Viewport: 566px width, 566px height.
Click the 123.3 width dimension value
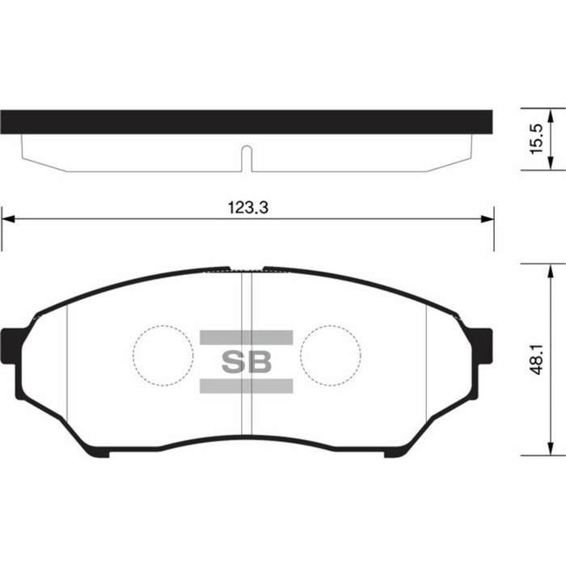[x=248, y=208]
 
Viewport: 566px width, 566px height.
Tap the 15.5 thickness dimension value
[x=536, y=139]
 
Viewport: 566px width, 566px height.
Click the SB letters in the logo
[x=246, y=362]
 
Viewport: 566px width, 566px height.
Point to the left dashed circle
[x=133, y=356]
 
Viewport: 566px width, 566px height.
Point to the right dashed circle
[x=300, y=356]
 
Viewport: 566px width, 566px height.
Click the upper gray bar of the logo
[x=246, y=337]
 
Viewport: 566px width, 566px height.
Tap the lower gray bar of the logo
[x=246, y=386]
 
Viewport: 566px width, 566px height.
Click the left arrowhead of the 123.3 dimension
[x=8, y=219]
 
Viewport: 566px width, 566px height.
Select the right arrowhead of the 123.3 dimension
[x=488, y=219]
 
